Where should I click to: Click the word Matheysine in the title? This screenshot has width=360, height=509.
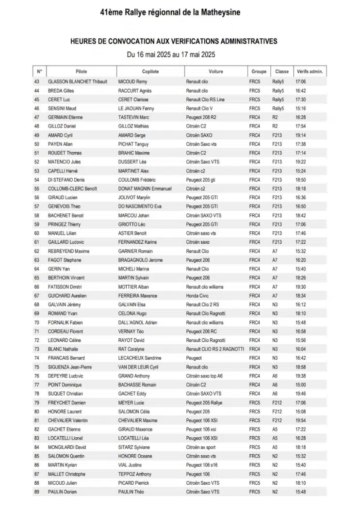point(216,12)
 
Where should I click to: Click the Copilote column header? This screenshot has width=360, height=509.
point(150,71)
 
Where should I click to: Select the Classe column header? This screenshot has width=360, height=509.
point(282,71)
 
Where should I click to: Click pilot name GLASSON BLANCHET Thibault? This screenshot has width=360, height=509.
point(78,81)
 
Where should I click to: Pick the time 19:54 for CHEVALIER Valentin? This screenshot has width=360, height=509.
point(300,420)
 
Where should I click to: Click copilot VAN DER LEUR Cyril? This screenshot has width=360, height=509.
point(138,367)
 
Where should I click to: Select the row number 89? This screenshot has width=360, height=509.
point(37,492)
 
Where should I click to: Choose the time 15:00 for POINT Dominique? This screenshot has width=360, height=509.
point(300,385)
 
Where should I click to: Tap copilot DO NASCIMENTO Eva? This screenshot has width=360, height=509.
point(140,207)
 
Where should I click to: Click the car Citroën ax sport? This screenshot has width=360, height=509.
point(201,447)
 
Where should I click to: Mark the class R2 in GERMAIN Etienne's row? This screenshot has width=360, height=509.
point(275,117)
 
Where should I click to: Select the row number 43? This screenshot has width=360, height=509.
point(37,81)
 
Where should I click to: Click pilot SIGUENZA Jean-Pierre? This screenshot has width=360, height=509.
point(70,367)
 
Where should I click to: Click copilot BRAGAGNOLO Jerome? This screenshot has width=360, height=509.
point(141,260)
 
